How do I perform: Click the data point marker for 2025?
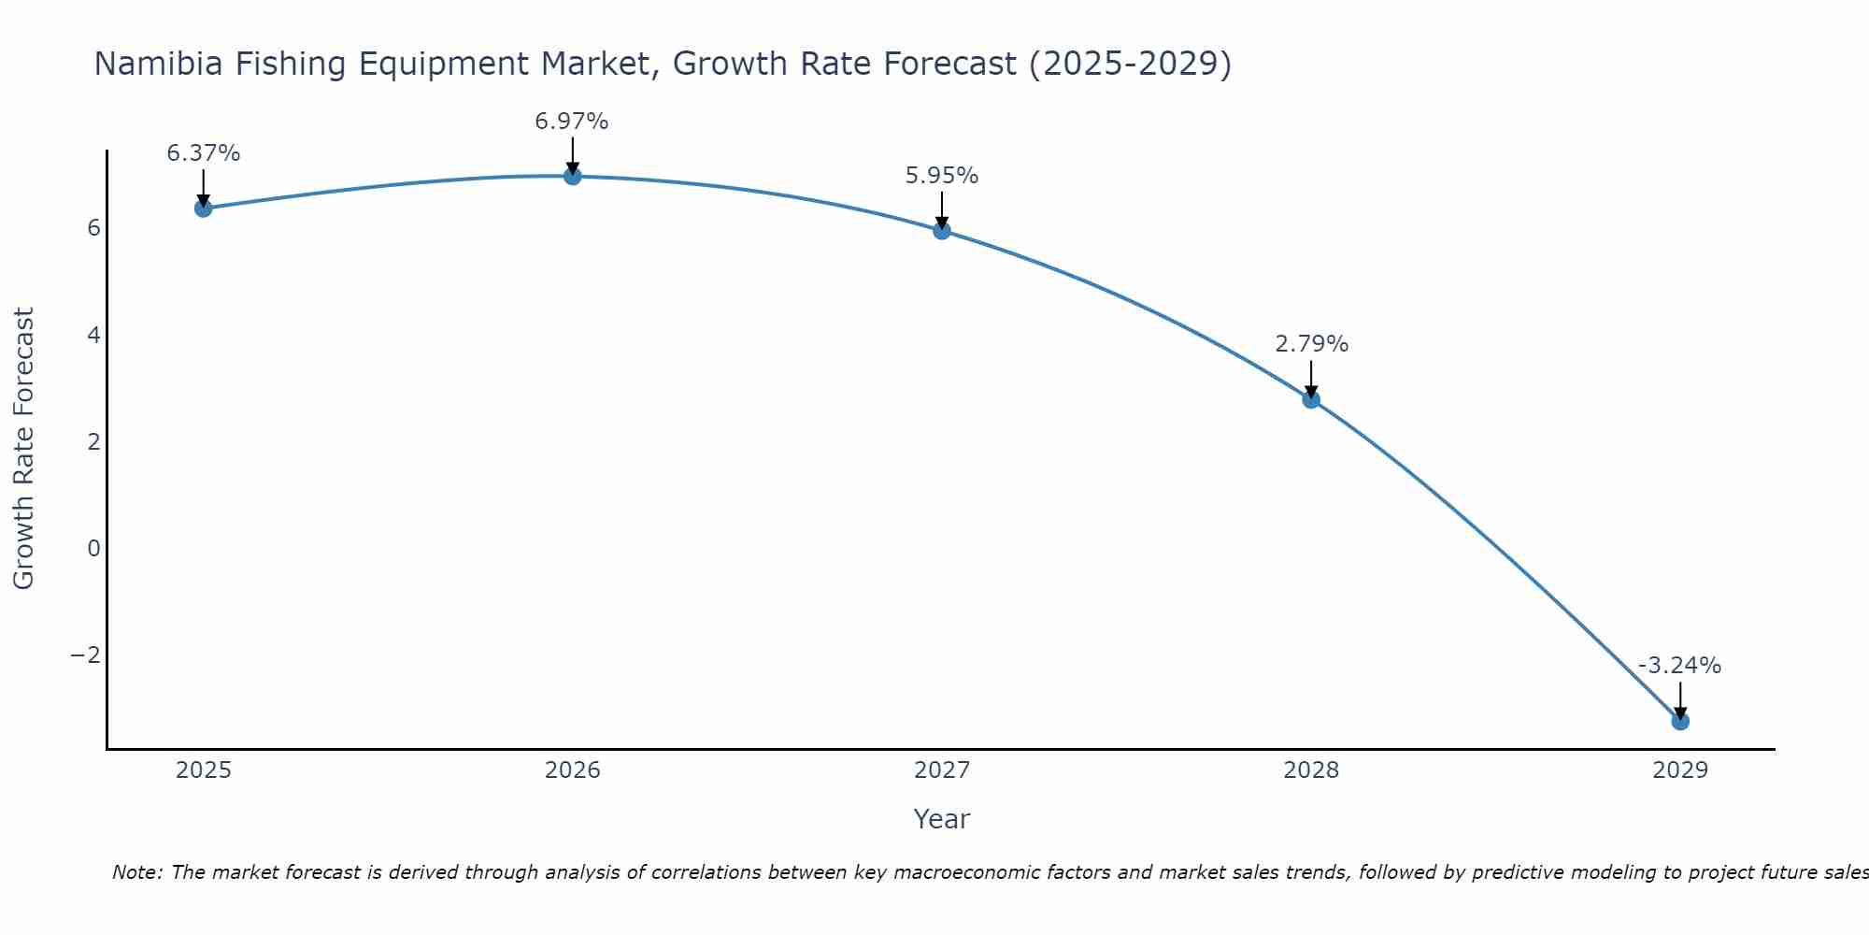tap(204, 208)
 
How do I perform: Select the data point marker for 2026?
tap(573, 176)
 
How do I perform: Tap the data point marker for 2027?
tap(942, 230)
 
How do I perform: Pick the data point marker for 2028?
tap(1311, 399)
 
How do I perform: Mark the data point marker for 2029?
tap(1680, 721)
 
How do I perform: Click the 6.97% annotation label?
tap(572, 122)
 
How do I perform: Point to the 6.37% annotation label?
tap(204, 153)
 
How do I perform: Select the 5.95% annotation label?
tap(942, 176)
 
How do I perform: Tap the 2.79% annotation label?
tap(1312, 344)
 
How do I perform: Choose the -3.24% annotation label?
tap(1679, 666)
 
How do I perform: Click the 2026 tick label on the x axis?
tap(573, 770)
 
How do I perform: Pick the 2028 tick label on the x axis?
tap(1311, 770)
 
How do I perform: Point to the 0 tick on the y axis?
tap(93, 548)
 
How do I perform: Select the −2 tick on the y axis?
tap(86, 654)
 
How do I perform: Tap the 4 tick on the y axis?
tap(93, 335)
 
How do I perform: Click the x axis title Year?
tap(942, 819)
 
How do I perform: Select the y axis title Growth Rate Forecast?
tap(24, 449)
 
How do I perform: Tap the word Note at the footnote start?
tap(136, 872)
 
